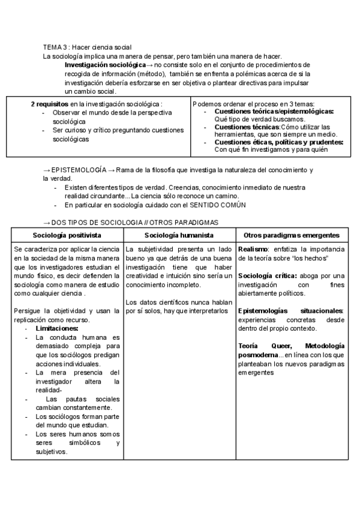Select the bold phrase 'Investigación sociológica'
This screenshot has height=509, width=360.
[105, 64]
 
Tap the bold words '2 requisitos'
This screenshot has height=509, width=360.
[50, 104]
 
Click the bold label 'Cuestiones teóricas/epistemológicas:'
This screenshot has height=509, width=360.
[274, 112]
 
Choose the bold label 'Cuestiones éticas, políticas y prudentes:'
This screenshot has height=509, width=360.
[278, 142]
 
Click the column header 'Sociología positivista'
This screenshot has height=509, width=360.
[67, 235]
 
